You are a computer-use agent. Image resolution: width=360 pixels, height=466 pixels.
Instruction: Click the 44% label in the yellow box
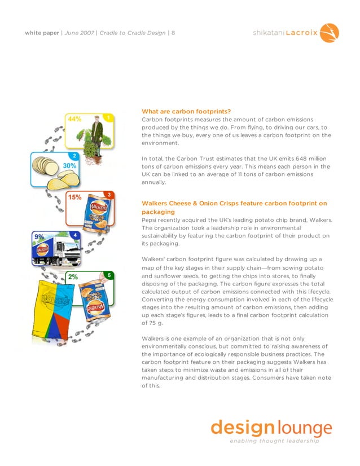tap(74, 119)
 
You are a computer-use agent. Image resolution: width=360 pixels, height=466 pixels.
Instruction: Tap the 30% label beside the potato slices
tap(70, 166)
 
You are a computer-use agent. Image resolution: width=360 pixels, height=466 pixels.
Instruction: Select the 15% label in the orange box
tap(75, 197)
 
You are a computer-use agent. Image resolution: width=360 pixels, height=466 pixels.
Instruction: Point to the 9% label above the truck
tap(39, 237)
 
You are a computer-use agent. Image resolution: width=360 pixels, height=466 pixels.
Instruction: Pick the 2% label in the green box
tap(73, 277)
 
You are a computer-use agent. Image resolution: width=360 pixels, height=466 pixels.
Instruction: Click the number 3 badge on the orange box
tap(108, 195)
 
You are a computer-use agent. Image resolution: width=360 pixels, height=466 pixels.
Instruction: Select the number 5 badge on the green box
tap(108, 275)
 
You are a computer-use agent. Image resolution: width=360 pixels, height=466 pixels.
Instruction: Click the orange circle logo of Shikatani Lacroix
tap(330, 33)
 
